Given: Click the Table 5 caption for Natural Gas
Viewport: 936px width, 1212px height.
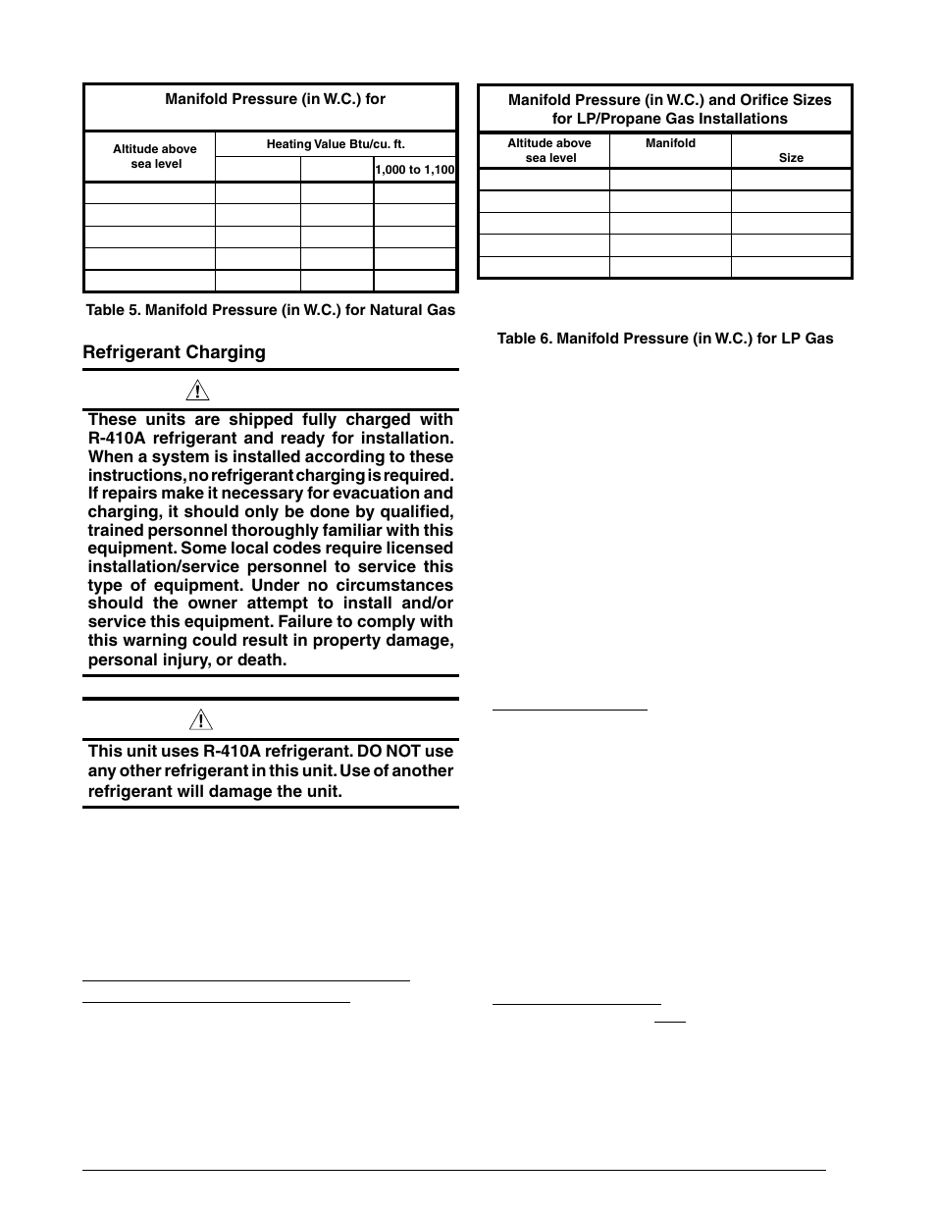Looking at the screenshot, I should click(x=270, y=310).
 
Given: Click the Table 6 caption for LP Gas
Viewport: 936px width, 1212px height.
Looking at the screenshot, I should click(x=664, y=339).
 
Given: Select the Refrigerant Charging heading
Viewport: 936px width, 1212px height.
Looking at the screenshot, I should click(x=174, y=352).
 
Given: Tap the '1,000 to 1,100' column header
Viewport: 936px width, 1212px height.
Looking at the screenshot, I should click(x=414, y=170).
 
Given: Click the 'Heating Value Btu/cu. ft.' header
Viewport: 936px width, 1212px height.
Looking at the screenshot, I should click(x=336, y=144).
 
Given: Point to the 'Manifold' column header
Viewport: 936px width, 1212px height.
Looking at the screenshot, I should click(x=670, y=143).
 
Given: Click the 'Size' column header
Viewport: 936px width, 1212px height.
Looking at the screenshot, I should click(x=791, y=157).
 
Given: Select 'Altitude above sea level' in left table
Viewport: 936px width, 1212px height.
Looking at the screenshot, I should click(x=155, y=156).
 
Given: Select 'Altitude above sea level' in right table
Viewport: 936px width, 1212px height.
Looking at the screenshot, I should click(x=549, y=150).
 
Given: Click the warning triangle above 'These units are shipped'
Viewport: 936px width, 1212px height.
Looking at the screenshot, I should click(x=199, y=391).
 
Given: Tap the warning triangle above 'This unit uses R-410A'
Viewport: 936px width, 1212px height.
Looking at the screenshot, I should click(x=199, y=721).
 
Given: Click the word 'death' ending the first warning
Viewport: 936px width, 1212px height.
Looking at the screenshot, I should click(x=264, y=659).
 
